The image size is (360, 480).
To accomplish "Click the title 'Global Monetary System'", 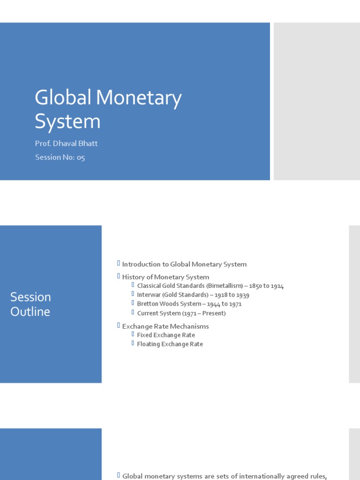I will click(x=108, y=109).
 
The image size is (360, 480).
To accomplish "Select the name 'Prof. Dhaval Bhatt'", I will click(x=66, y=143).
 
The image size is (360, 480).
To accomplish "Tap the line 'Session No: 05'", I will click(x=60, y=157).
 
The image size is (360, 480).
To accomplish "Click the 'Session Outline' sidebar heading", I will click(x=30, y=304).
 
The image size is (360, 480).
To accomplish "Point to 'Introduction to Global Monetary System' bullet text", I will click(x=184, y=264).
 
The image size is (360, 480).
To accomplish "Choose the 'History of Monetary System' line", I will click(x=165, y=277).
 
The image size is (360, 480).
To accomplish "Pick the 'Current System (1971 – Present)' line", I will click(x=181, y=313).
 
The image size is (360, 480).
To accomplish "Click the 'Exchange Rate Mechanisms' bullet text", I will click(x=165, y=326).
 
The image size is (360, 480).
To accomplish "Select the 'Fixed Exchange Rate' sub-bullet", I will click(x=166, y=335).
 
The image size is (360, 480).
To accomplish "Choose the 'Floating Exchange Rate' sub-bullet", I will click(x=170, y=344).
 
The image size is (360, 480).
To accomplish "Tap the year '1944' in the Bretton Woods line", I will click(x=213, y=304).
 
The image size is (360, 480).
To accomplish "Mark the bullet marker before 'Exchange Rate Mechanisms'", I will click(x=119, y=325).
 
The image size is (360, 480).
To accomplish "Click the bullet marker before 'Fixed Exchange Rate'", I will click(x=133, y=335).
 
